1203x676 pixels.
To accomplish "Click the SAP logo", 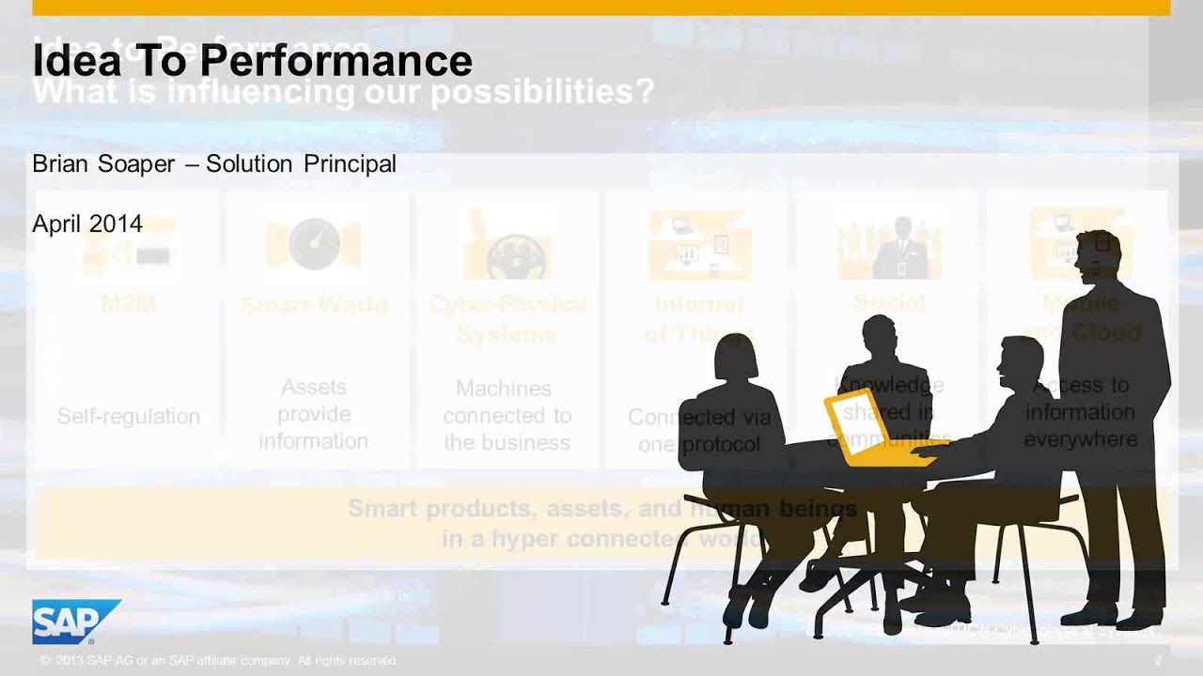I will point(75,621).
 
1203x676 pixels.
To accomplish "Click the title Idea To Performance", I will point(252,61).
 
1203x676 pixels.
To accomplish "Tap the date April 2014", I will point(87,223).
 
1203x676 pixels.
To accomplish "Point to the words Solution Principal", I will point(301,163).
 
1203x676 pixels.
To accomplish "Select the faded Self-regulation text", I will point(128,416).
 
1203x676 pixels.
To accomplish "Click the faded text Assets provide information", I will point(313,414).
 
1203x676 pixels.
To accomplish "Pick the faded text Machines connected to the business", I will point(507,415).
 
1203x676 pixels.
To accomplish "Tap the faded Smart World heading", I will point(313,305).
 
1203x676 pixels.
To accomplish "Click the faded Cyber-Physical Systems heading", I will point(507,318).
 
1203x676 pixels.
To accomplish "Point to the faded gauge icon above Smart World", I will point(313,244).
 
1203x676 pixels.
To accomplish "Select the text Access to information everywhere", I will point(1081,412).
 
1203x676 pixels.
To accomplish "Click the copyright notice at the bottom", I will point(218,661).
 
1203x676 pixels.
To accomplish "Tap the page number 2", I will point(1158,661).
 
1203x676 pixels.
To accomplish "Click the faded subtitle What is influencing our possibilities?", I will point(343,93).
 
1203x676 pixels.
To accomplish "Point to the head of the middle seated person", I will point(880,335).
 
